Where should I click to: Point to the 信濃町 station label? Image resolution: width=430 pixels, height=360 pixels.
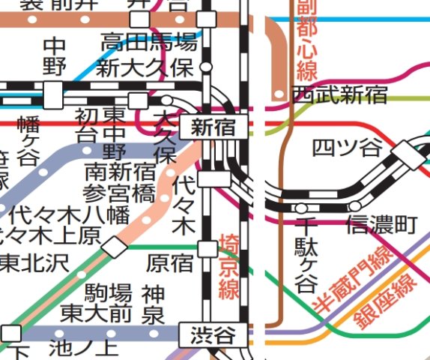(x=381, y=223)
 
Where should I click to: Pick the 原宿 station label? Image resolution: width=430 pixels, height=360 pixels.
(x=169, y=263)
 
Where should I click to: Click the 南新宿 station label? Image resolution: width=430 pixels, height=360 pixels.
(x=120, y=172)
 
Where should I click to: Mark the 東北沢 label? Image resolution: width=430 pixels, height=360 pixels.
(x=33, y=262)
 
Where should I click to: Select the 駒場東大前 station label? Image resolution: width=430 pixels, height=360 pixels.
(x=97, y=301)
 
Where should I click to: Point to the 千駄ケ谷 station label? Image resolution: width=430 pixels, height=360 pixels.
(x=306, y=255)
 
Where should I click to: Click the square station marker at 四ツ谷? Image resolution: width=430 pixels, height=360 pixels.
(x=410, y=153)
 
